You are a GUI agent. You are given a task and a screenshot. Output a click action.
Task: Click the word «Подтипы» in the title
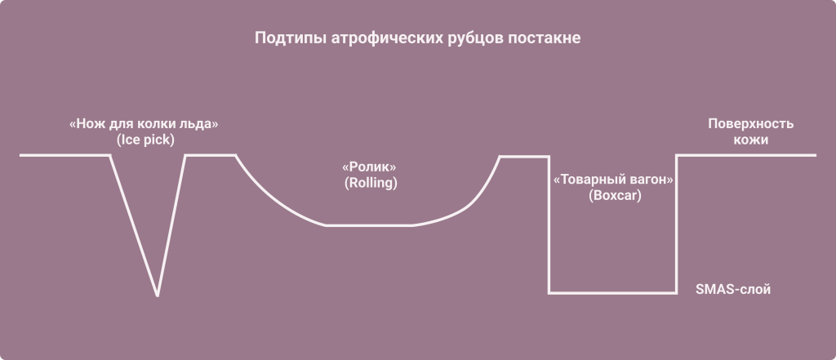pos(284,39)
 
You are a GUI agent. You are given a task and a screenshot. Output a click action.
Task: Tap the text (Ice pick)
pos(146,140)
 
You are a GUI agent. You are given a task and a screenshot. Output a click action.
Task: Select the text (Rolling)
pos(371,183)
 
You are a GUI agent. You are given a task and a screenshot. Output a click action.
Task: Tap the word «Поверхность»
pos(750,124)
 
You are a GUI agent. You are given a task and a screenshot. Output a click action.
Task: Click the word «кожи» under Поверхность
pos(750,140)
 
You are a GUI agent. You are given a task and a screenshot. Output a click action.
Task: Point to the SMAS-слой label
pos(732,289)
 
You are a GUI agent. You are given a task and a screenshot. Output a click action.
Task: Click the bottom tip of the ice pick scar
pos(158,294)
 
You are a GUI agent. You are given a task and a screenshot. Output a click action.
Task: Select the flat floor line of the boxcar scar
pos(612,292)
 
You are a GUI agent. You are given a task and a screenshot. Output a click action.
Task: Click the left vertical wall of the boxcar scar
pos(549,224)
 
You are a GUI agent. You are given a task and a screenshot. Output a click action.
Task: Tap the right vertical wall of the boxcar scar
pos(676,224)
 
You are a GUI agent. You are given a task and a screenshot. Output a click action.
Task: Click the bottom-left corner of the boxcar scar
pos(549,292)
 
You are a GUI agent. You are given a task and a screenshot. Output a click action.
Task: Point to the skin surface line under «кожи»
pos(750,155)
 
